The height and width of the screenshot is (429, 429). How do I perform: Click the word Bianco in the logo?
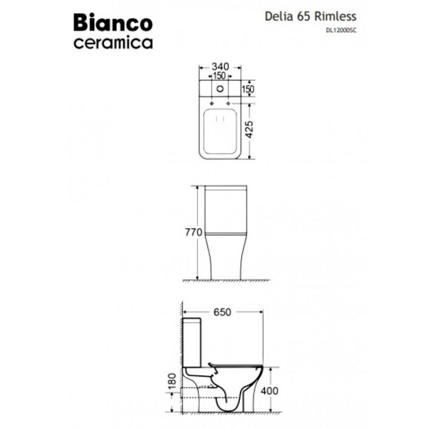click(x=113, y=23)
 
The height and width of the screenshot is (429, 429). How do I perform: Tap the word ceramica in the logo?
click(x=113, y=42)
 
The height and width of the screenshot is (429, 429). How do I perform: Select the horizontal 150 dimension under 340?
click(x=219, y=76)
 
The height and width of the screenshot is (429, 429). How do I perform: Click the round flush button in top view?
click(x=220, y=89)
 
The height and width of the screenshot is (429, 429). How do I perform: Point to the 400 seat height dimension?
click(x=270, y=390)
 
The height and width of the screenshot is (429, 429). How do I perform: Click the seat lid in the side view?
click(x=235, y=364)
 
